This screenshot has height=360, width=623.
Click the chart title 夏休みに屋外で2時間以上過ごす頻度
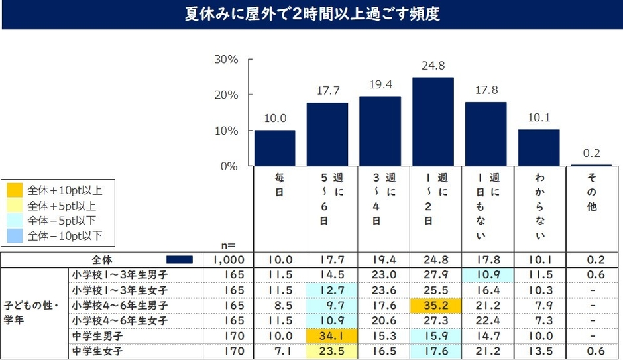[x=311, y=14]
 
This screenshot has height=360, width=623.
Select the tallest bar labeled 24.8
[x=433, y=121]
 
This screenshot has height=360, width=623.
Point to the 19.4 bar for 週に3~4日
[x=380, y=131]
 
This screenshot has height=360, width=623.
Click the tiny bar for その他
[x=592, y=165]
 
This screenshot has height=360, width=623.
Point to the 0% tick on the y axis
[x=230, y=166]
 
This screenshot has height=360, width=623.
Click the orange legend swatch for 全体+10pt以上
[x=14, y=190]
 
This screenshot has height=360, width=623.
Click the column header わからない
[x=539, y=207]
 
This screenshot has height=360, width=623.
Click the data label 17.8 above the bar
[x=486, y=91]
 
